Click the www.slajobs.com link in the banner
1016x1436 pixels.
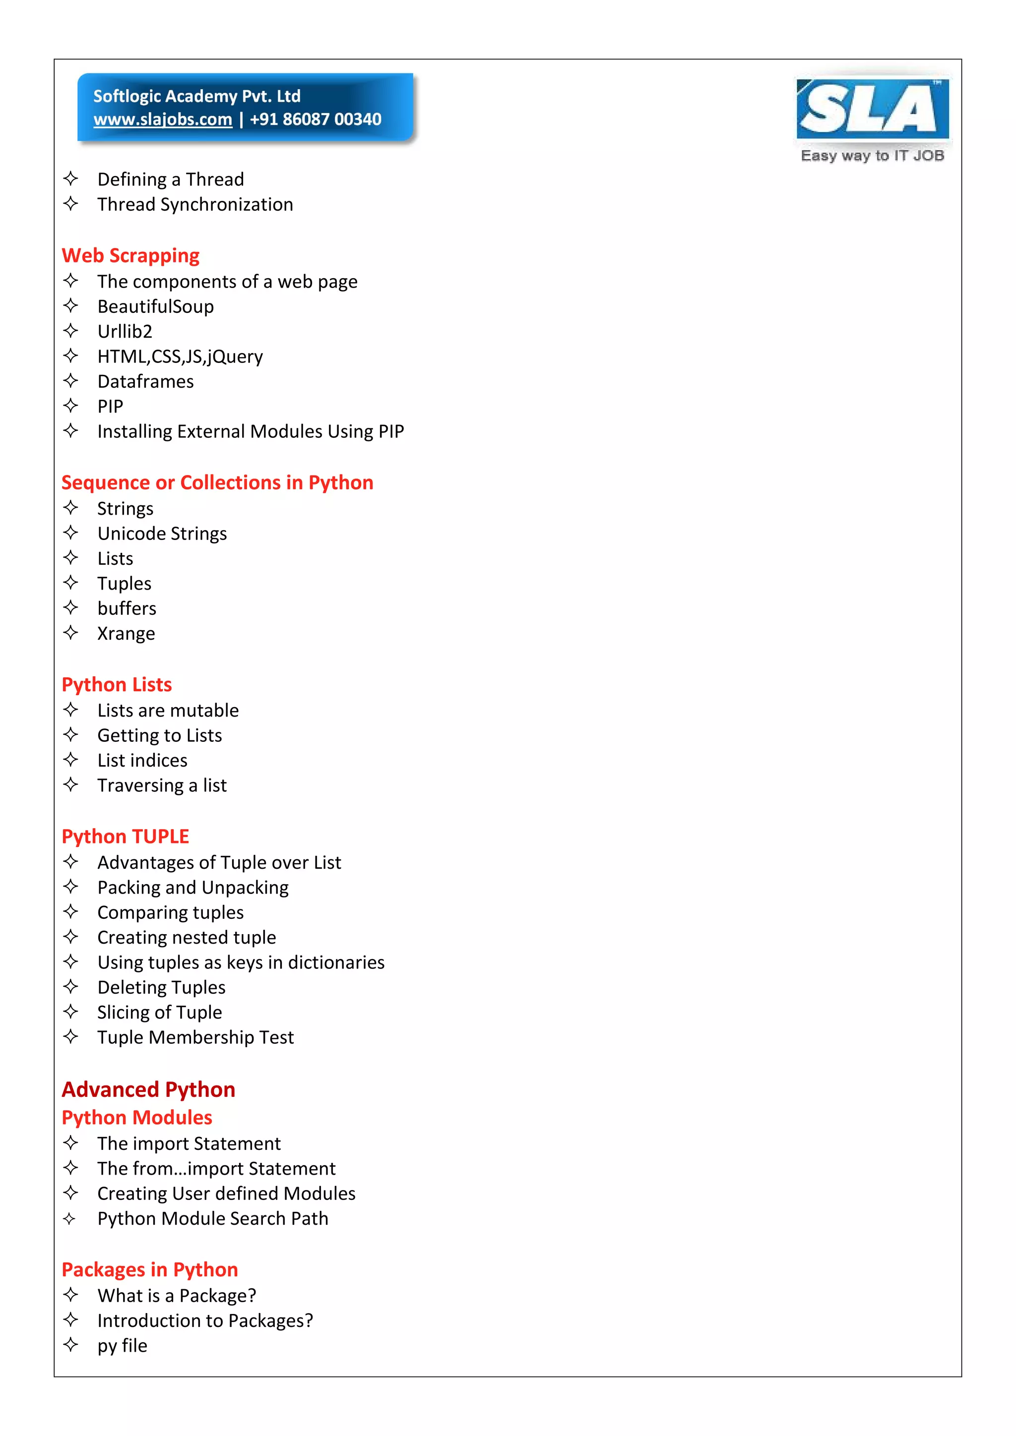coord(163,120)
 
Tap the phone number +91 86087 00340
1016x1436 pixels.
coord(316,120)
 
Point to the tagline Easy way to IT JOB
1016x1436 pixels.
coord(872,156)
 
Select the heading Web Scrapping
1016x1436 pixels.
coord(131,256)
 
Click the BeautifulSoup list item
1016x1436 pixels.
coord(156,306)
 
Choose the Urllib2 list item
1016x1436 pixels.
coord(125,332)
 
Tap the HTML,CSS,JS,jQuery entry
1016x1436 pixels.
coord(180,357)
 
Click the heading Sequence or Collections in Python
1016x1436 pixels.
coord(217,483)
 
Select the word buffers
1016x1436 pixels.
coord(127,608)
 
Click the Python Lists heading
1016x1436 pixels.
coord(117,685)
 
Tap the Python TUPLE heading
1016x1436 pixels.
coord(125,837)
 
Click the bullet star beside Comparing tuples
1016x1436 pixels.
coord(71,912)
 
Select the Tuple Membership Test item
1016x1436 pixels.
coord(195,1038)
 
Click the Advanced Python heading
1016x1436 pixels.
coord(148,1090)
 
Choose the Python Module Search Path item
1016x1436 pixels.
coord(213,1219)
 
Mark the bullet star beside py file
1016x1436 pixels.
coord(71,1345)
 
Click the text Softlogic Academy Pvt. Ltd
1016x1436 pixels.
coord(197,96)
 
